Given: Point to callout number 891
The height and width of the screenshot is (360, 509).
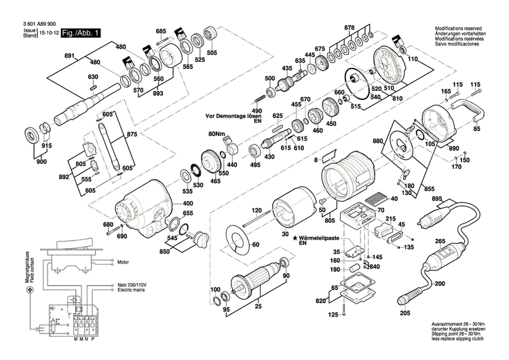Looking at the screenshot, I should pos(69,55).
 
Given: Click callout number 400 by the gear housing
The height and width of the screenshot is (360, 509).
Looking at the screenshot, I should pos(188,204).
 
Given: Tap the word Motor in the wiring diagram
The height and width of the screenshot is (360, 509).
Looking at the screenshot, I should pos(123,262).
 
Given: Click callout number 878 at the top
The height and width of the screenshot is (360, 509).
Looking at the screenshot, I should pos(350,28).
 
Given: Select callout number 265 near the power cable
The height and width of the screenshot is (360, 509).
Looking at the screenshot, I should pos(440,241).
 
